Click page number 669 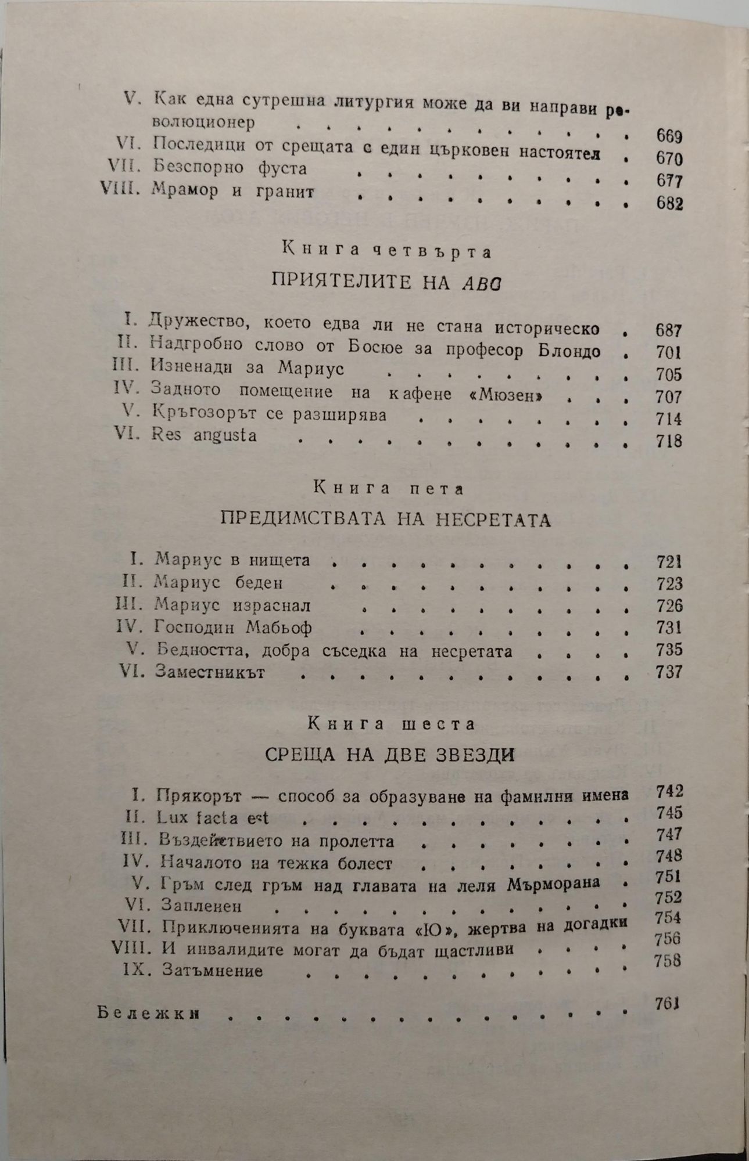pos(669,137)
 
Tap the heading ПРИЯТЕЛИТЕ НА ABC pos(386,283)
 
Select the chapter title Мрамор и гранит pos(232,191)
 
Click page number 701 pos(668,352)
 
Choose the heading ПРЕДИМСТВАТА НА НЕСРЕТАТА pos(386,519)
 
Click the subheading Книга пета pos(389,489)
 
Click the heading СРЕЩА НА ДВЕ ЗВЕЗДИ pos(390,755)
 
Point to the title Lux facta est pos(213,818)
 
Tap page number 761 pos(667,1003)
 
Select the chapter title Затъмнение pos(213,970)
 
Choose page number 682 pos(669,204)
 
